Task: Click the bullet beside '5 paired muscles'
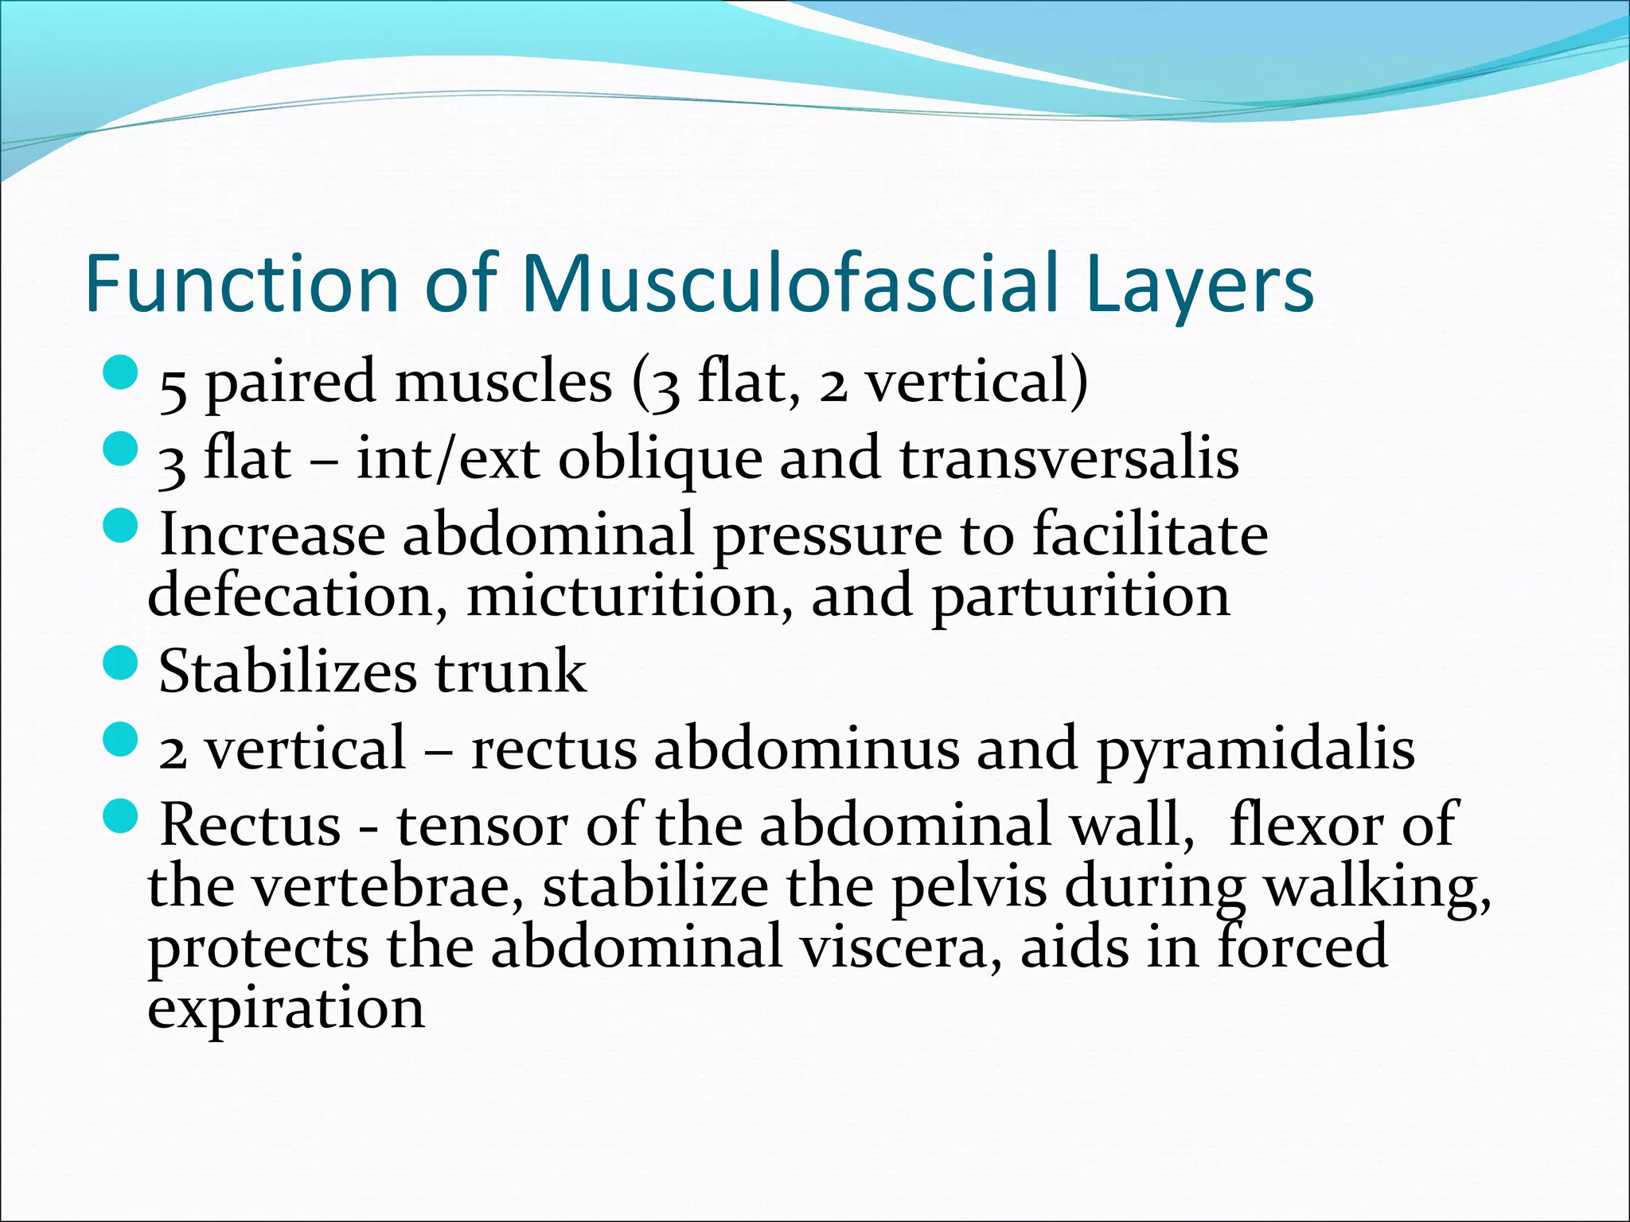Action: [121, 372]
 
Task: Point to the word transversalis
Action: [1069, 459]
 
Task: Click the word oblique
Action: [660, 459]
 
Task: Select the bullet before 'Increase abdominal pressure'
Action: [121, 526]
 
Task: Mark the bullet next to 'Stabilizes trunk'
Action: [121, 662]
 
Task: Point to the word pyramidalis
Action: [1255, 749]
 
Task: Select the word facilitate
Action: [1150, 535]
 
